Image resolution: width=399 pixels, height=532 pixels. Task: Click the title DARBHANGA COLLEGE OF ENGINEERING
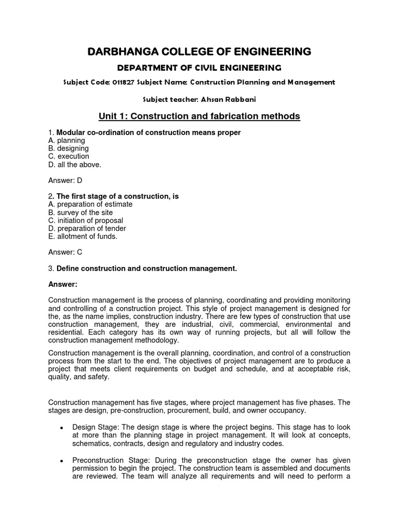(199, 51)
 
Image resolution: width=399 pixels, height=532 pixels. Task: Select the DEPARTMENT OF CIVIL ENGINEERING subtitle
(199, 68)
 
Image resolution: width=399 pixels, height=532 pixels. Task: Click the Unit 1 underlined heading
(199, 116)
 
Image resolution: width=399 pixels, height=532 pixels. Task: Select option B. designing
(69, 148)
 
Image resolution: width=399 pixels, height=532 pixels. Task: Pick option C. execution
(69, 156)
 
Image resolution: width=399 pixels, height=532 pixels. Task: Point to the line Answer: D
(65, 180)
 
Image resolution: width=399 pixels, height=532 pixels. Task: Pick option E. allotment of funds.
(83, 236)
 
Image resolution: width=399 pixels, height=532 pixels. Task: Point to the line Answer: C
(65, 252)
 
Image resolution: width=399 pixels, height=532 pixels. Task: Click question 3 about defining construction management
(142, 268)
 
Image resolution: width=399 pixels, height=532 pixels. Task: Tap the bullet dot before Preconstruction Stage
(62, 461)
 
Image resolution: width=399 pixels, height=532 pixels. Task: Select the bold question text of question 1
(148, 132)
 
